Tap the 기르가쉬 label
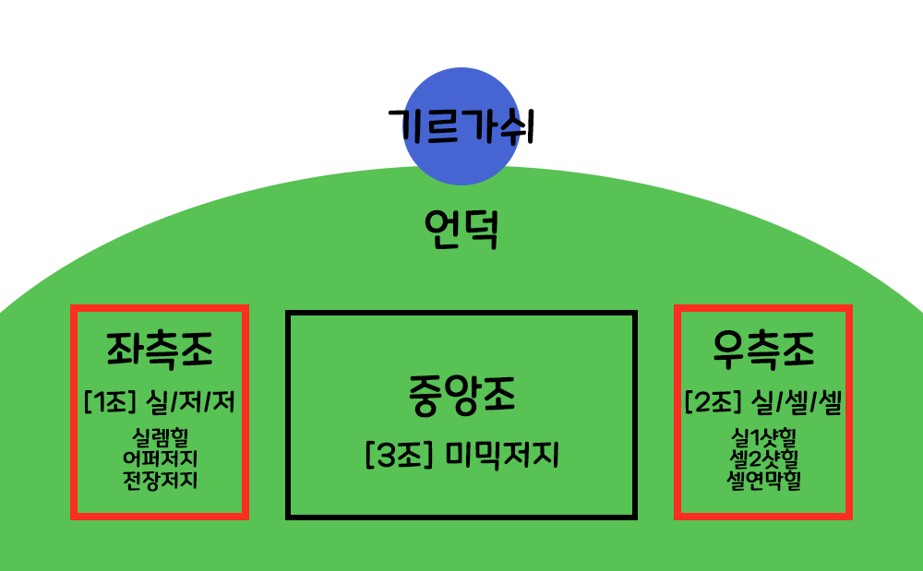point(461,125)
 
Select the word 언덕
point(461,230)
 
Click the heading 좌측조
point(160,351)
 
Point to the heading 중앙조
point(461,395)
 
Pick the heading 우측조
point(763,351)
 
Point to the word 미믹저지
point(503,456)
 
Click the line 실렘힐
point(160,436)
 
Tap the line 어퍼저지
point(160,458)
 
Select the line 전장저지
point(160,480)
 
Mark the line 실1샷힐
point(763,436)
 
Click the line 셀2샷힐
point(763,458)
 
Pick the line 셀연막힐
point(763,480)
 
